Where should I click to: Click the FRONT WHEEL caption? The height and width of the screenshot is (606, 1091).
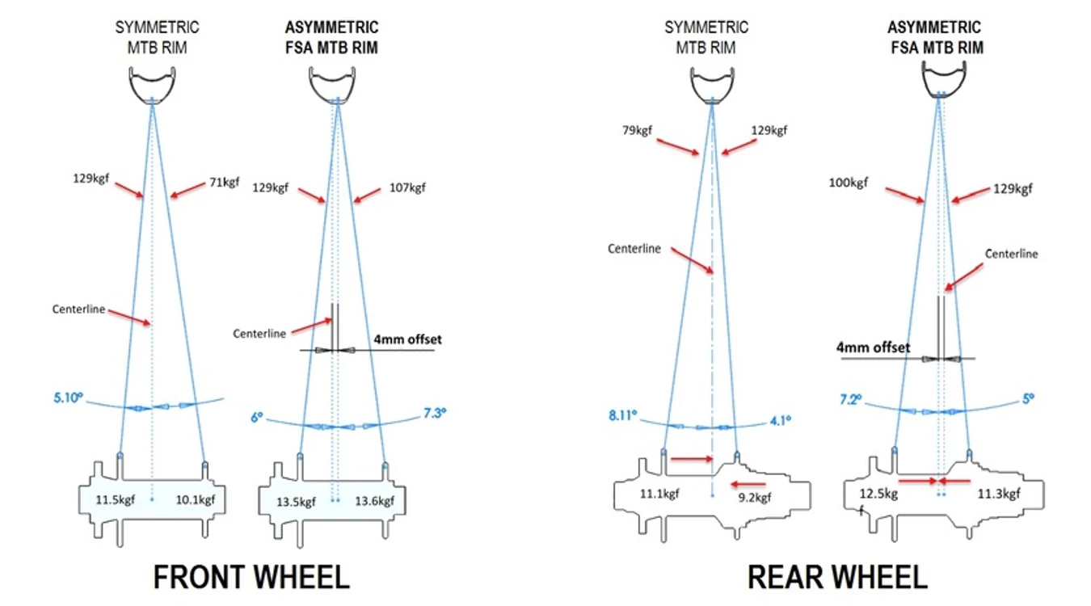252,577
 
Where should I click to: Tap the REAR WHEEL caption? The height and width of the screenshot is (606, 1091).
837,577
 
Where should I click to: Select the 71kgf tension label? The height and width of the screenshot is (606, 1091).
224,182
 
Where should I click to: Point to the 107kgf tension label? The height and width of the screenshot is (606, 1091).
407,187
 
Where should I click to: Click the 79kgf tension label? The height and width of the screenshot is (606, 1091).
637,131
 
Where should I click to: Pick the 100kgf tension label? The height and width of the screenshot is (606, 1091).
848,183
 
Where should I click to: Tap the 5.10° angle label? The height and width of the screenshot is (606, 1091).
68,398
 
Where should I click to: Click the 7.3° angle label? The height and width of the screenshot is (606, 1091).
435,413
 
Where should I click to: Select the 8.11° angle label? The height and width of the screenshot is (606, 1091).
623,415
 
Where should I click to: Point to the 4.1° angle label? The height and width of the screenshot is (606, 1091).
780,420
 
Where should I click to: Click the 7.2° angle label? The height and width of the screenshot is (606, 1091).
850,399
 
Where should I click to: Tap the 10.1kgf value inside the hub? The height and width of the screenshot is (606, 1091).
195,500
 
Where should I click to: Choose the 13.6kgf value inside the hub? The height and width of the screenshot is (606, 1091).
374,501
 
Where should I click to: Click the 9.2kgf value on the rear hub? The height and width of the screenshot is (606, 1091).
755,498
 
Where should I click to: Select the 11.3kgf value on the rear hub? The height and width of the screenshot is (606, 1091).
998,494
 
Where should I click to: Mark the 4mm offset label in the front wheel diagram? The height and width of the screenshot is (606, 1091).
407,339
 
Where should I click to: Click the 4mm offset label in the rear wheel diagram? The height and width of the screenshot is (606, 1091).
874,347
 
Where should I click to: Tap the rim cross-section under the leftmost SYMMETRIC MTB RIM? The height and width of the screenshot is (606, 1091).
152,86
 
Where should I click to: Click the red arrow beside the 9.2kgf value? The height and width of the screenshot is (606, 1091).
748,484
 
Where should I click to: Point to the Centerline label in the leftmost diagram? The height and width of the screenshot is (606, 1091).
78,309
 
